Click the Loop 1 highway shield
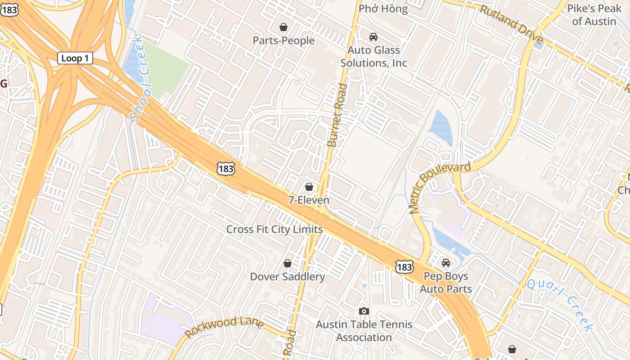pos(75,58)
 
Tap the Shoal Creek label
pos(141,80)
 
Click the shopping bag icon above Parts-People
pos(283,27)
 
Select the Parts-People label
pos(283,40)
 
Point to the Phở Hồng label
pos(383,9)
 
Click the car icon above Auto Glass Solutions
pos(373,37)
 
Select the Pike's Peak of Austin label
pos(594,15)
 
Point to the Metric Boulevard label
pos(440,186)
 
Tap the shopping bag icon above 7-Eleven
pos(309,186)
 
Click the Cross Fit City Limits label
pos(274,229)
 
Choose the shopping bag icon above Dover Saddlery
pos(288,263)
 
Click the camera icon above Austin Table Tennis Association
pos(364,311)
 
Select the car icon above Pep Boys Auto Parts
pos(446,263)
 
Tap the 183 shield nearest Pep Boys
pos(404,267)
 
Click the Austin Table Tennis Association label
pos(364,331)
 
